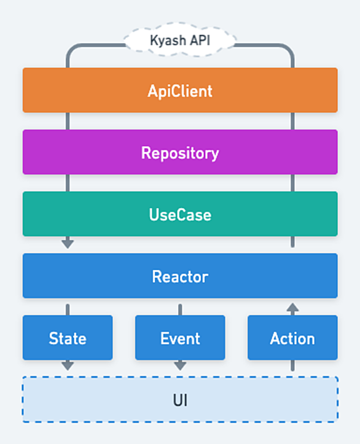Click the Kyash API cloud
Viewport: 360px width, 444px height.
click(x=180, y=40)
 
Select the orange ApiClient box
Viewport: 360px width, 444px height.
click(x=180, y=90)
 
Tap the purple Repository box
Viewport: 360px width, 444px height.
click(x=180, y=152)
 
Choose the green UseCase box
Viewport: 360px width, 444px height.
click(x=180, y=214)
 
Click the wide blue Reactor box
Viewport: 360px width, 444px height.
click(x=180, y=276)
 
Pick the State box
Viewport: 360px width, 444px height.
click(x=68, y=338)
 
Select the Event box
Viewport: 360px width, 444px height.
click(x=180, y=338)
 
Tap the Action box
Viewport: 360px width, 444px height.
click(x=292, y=338)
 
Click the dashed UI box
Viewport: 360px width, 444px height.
click(x=180, y=400)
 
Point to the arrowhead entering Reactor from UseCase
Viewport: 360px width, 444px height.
click(x=68, y=244)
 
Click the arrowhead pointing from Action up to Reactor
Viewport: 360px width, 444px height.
click(x=292, y=307)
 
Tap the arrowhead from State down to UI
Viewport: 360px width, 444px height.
click(x=68, y=366)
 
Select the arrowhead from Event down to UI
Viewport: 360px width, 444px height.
click(x=180, y=366)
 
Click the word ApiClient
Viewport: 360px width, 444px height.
click(x=180, y=91)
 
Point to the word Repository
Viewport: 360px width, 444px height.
click(x=180, y=154)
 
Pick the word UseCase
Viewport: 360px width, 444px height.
click(x=180, y=215)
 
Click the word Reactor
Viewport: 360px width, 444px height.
click(x=180, y=276)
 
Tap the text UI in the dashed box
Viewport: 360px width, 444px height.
click(x=180, y=400)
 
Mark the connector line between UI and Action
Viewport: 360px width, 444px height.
click(x=292, y=365)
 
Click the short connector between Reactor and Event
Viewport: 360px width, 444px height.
click(x=180, y=310)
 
